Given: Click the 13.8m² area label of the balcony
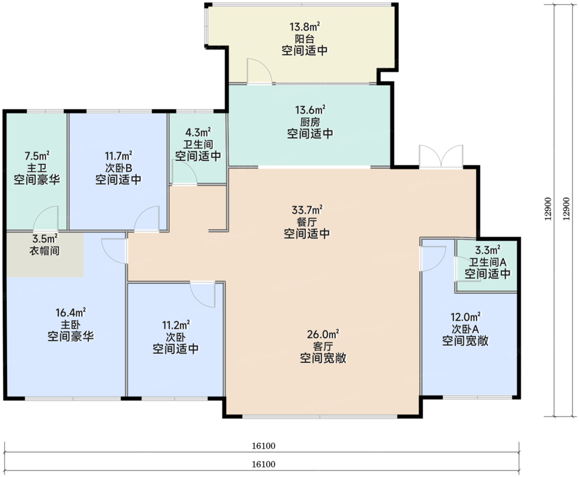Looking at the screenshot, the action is [x=304, y=27].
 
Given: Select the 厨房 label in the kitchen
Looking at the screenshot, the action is [x=310, y=122].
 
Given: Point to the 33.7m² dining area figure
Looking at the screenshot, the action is [x=307, y=210].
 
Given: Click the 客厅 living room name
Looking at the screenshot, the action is [x=323, y=346].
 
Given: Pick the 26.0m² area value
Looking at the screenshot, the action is [x=323, y=334].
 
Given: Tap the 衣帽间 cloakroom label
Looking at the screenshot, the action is [x=44, y=250].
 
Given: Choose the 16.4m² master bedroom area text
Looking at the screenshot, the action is [x=70, y=312].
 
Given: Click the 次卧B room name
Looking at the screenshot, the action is [x=119, y=168].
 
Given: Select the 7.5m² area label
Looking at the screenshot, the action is [x=37, y=156].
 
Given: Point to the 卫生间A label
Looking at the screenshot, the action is [x=487, y=262].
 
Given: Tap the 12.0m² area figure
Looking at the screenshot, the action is [x=465, y=317].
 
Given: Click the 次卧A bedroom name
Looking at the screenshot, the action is [x=465, y=329].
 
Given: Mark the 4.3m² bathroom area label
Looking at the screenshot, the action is [x=198, y=132].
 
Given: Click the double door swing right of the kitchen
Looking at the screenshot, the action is [x=441, y=157].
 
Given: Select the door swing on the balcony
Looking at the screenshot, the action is [x=259, y=71].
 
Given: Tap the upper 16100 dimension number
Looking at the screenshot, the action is [x=264, y=446].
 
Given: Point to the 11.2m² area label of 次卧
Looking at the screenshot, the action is [x=176, y=325].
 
